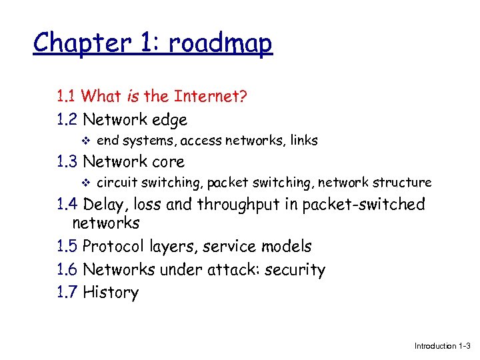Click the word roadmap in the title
tap(221, 44)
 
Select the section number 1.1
tap(67, 97)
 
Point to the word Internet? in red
tap(211, 97)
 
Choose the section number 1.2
tap(67, 120)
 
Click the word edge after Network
tap(169, 121)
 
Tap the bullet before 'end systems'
tap(83, 141)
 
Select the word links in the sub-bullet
tap(302, 141)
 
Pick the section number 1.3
tap(67, 161)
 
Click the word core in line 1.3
tap(169, 162)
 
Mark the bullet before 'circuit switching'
tap(83, 182)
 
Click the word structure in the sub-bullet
tap(402, 182)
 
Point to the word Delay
tap(105, 204)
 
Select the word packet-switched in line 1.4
tap(363, 204)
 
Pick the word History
tap(111, 292)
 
